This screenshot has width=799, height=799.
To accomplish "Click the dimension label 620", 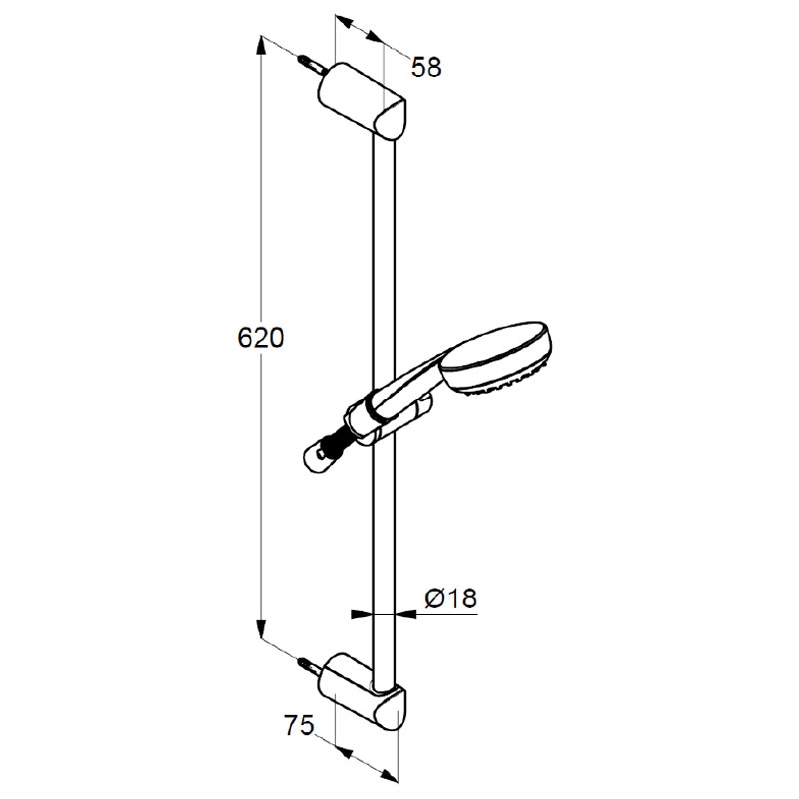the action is (x=260, y=338).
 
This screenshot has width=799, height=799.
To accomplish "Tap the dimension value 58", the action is (x=426, y=67).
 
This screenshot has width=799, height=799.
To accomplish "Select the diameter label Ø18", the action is (x=451, y=597).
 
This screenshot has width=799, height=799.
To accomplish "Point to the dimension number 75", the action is (x=299, y=725).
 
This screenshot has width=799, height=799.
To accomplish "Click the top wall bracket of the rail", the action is (x=362, y=101).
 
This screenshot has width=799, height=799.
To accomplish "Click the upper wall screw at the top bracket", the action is (x=311, y=65).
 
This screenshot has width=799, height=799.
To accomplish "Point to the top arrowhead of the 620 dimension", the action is (x=261, y=45).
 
